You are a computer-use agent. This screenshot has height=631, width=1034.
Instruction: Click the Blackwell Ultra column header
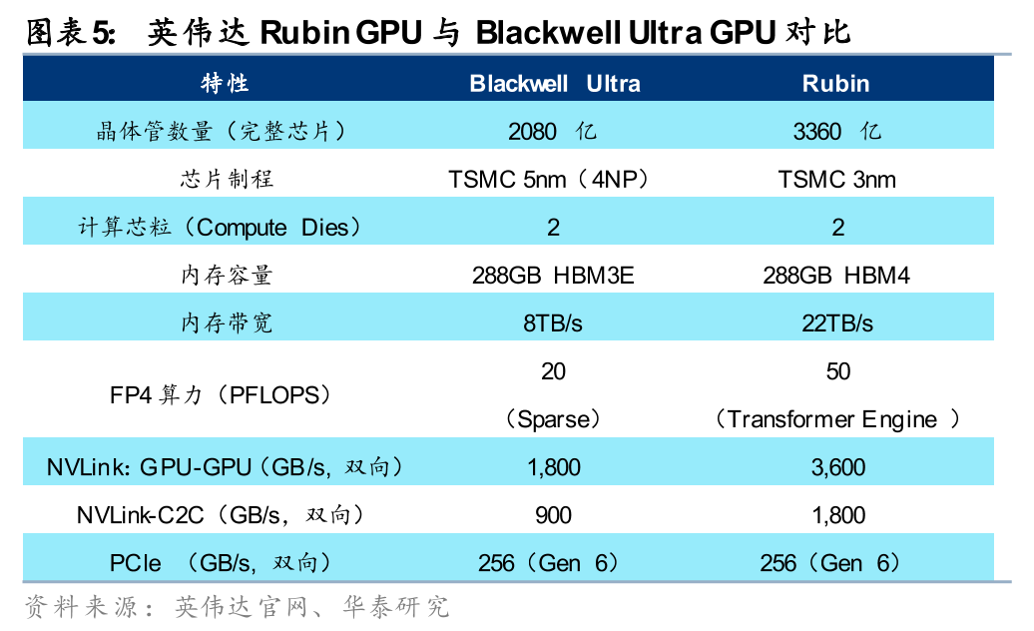pyautogui.click(x=554, y=83)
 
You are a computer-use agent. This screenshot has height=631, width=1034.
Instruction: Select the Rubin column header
pyautogui.click(x=836, y=83)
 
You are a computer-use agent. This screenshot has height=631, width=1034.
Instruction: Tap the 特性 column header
pyautogui.click(x=225, y=83)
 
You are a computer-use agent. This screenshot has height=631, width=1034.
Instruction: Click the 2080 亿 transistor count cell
pyautogui.click(x=554, y=132)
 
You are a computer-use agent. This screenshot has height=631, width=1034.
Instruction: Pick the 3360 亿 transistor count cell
pyautogui.click(x=836, y=132)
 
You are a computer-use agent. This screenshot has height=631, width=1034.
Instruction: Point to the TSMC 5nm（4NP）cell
pyautogui.click(x=554, y=180)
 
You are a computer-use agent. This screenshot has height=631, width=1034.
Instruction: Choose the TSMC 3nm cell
pyautogui.click(x=836, y=180)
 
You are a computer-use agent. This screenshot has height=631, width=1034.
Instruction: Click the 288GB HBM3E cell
pyautogui.click(x=554, y=276)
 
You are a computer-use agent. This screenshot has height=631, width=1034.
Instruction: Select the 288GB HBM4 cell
pyautogui.click(x=836, y=276)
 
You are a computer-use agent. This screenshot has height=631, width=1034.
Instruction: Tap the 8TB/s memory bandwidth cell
pyautogui.click(x=554, y=323)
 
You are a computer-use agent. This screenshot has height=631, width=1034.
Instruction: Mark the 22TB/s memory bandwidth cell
pyautogui.click(x=836, y=323)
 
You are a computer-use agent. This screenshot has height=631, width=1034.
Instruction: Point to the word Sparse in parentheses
pyautogui.click(x=554, y=419)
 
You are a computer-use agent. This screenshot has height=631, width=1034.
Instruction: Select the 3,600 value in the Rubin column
pyautogui.click(x=836, y=467)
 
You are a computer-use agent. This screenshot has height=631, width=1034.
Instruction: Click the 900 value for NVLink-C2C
pyautogui.click(x=554, y=515)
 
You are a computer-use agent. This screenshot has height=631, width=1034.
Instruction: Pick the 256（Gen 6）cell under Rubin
pyautogui.click(x=836, y=563)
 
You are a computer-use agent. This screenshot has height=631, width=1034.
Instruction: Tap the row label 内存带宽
pyautogui.click(x=226, y=323)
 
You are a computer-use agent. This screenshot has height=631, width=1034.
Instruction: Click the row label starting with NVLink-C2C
pyautogui.click(x=220, y=515)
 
